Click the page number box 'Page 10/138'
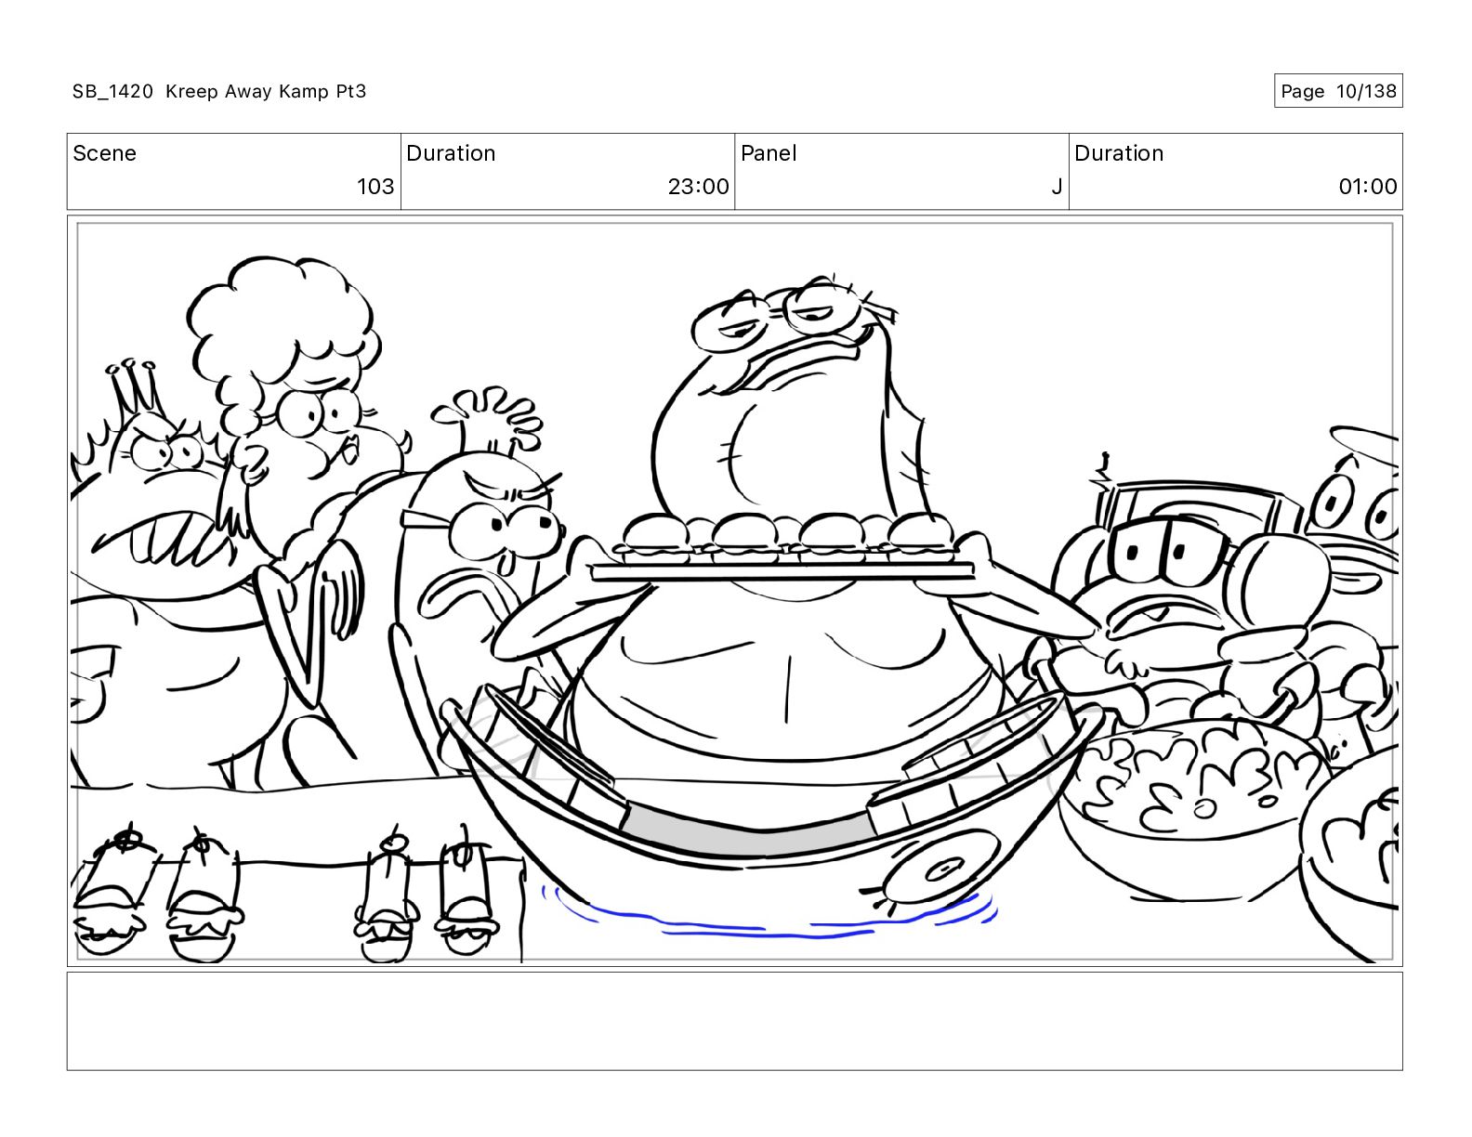click(x=1338, y=91)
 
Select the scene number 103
click(x=375, y=186)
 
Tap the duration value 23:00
click(x=698, y=186)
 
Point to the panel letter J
click(x=1056, y=186)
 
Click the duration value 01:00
click(x=1368, y=186)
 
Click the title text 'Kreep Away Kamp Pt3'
click(x=266, y=91)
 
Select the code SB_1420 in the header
click(x=113, y=91)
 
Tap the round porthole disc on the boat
click(x=941, y=869)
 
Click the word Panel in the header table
click(x=769, y=153)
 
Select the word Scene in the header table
click(x=104, y=153)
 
